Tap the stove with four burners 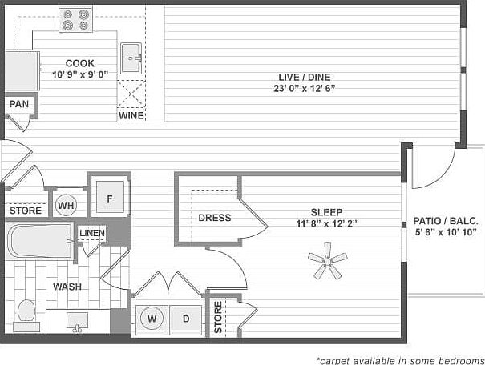pyautogui.click(x=77, y=20)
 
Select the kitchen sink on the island pyautogui.click(x=131, y=58)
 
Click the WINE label pyautogui.click(x=131, y=115)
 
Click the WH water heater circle pyautogui.click(x=66, y=205)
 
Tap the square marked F pyautogui.click(x=109, y=197)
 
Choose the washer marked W pyautogui.click(x=151, y=319)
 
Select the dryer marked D pyautogui.click(x=185, y=319)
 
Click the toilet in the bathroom pyautogui.click(x=26, y=313)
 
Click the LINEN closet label pyautogui.click(x=92, y=233)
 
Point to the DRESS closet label pyautogui.click(x=214, y=218)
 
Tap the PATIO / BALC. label pyautogui.click(x=446, y=221)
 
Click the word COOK pyautogui.click(x=79, y=63)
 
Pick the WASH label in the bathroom pyautogui.click(x=67, y=286)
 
